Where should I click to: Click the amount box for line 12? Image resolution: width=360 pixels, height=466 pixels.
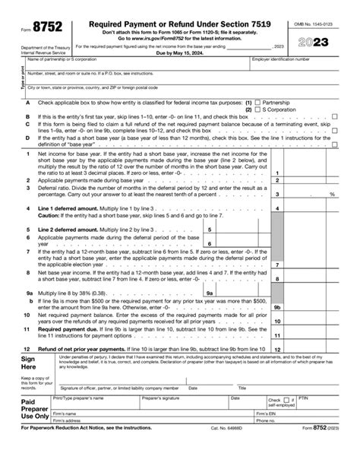[320, 348]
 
